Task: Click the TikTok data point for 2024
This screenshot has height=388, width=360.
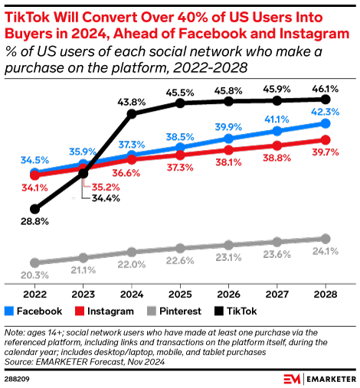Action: tap(132, 114)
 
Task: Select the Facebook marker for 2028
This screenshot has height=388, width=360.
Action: tap(326, 123)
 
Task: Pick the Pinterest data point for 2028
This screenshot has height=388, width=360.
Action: tap(326, 238)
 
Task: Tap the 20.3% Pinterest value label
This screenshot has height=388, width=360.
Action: tap(34, 275)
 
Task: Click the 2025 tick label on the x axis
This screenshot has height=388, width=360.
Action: tap(180, 295)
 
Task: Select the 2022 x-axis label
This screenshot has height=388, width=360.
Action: tap(34, 295)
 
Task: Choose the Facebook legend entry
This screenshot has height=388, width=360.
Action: tap(34, 311)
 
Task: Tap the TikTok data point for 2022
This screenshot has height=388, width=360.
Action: tap(34, 208)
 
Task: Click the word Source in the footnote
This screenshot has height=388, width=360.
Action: tap(19, 360)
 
